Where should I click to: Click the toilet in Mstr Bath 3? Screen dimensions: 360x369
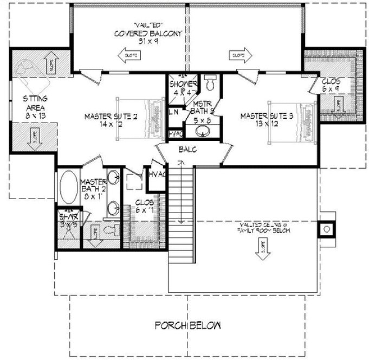point(211,83)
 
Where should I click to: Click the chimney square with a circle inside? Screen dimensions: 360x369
point(327,229)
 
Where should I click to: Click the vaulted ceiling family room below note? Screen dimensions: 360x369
point(262,227)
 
